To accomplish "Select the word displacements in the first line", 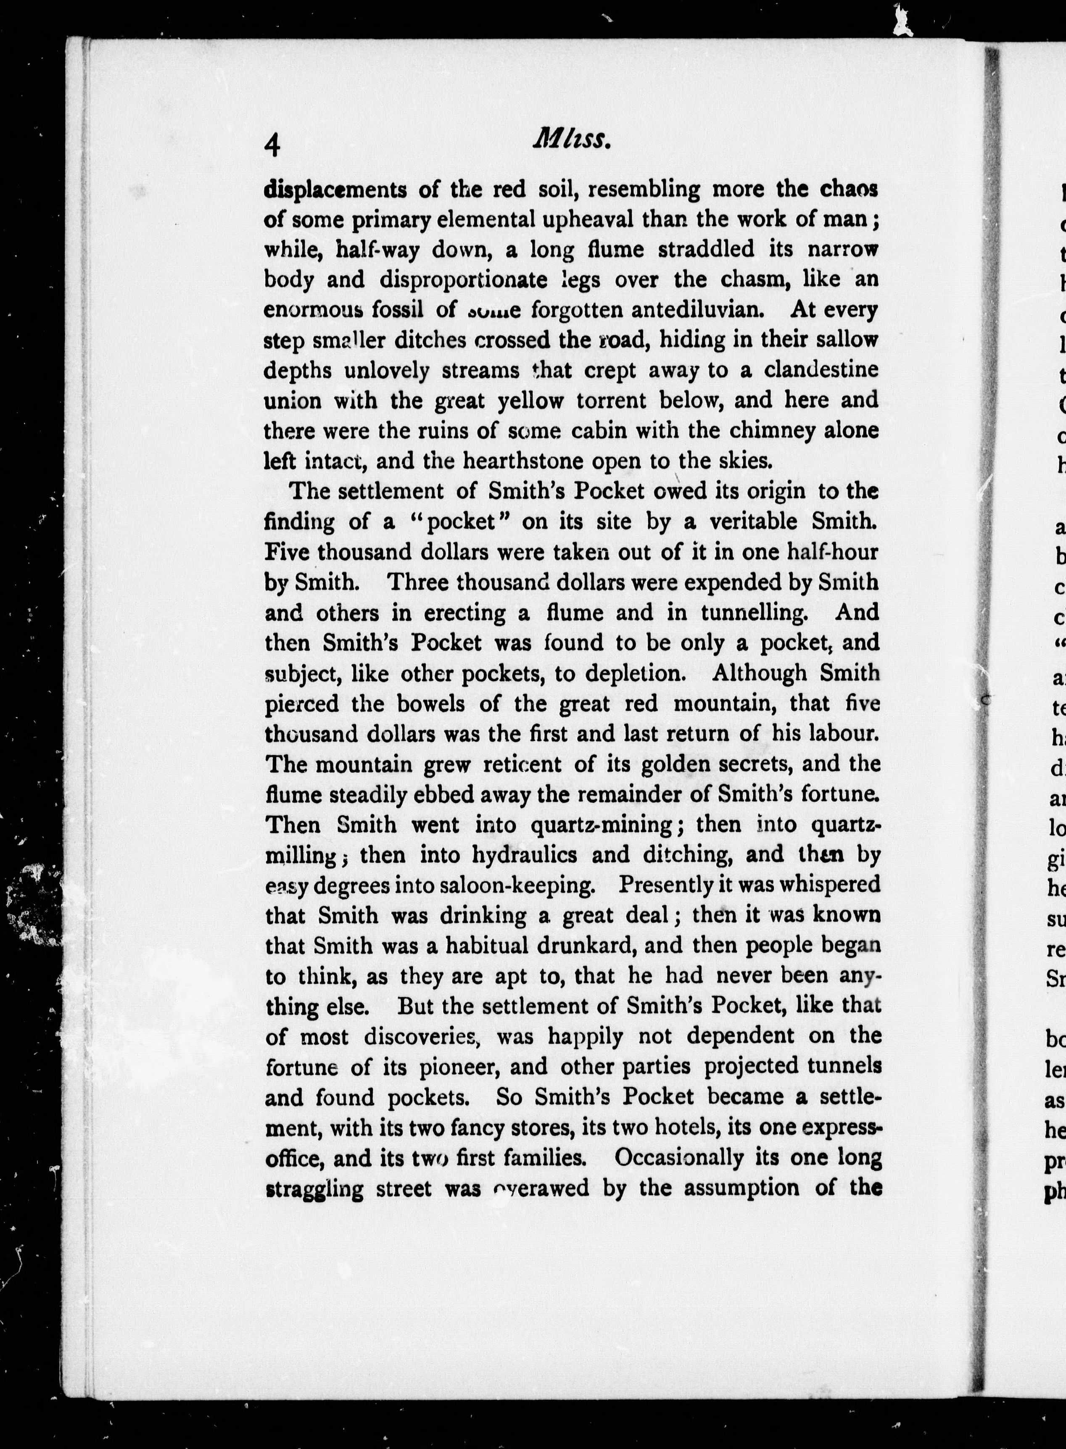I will click(x=335, y=190).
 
